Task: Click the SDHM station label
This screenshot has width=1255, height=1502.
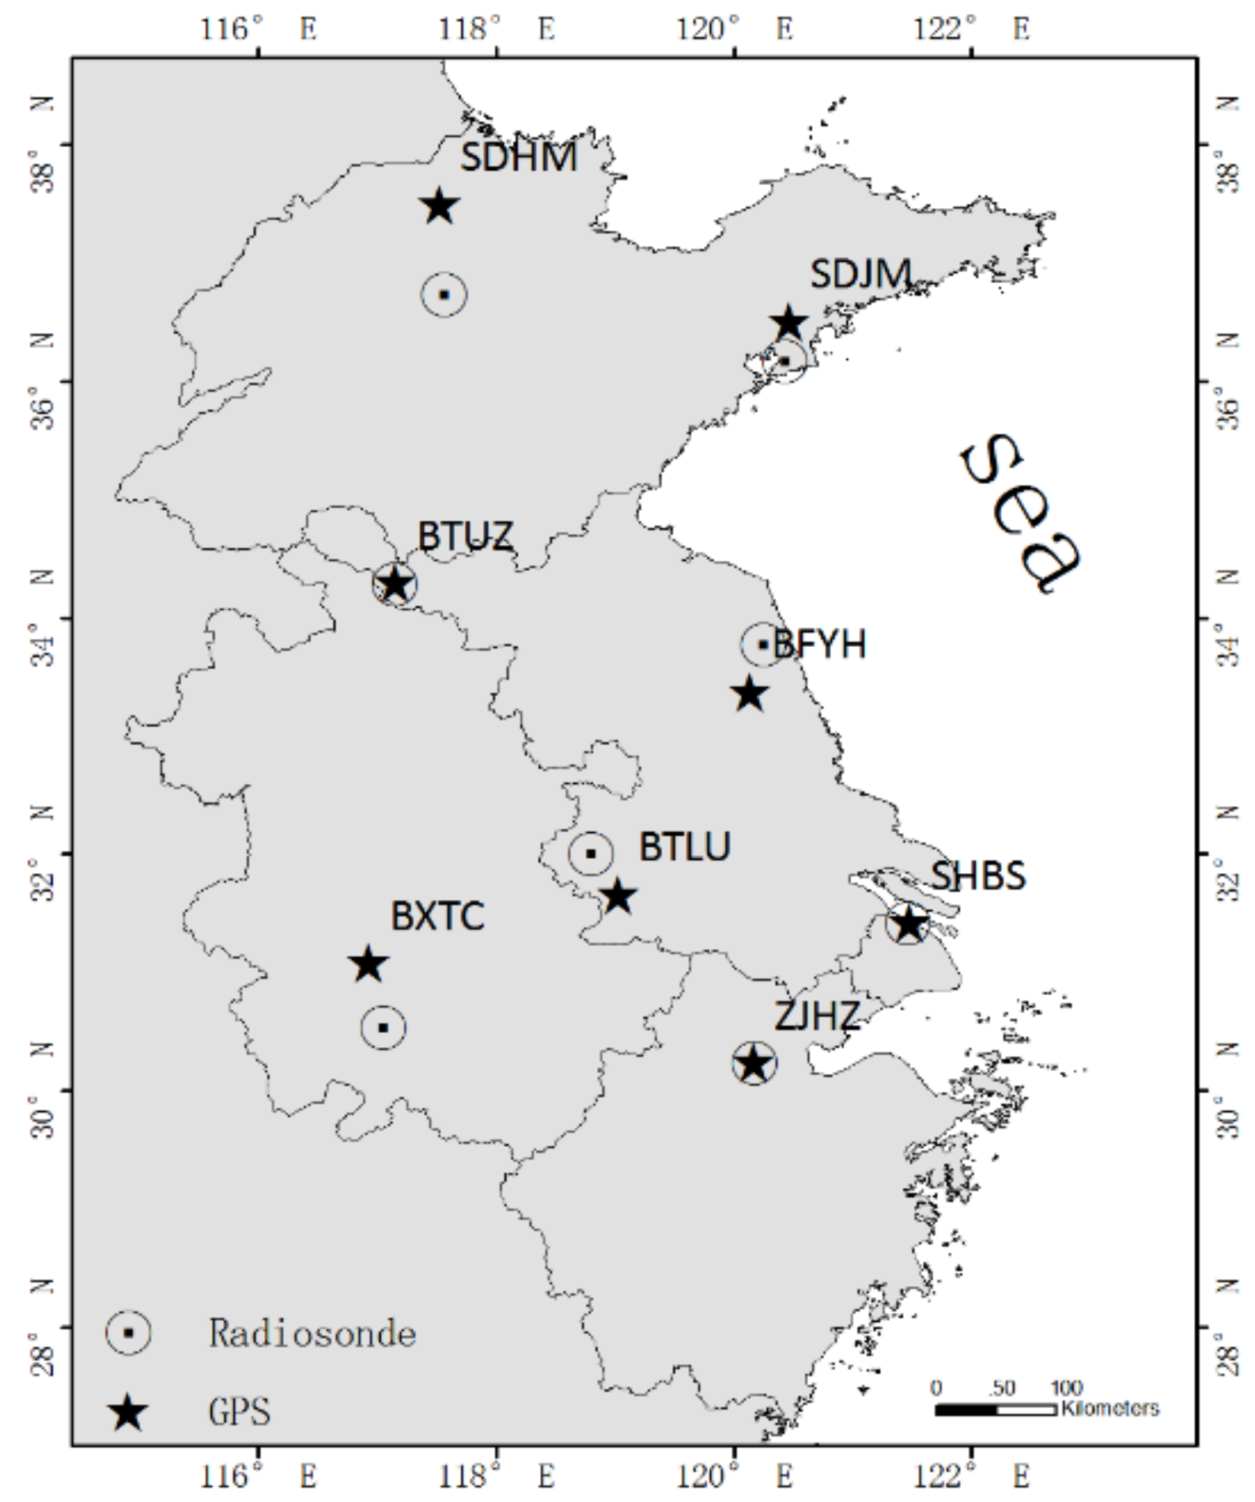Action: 519,157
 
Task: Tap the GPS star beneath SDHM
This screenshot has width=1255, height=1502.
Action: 439,207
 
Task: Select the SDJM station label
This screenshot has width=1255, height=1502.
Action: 860,274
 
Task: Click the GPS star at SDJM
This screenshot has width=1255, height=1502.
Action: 788,323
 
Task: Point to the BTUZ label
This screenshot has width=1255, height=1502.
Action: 465,536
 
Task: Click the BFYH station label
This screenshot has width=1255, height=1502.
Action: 820,645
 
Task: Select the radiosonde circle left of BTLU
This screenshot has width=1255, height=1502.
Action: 590,853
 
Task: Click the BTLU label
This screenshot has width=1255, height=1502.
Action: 685,847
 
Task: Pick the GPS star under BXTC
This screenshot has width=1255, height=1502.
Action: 368,965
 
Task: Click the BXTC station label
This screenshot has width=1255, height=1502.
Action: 437,917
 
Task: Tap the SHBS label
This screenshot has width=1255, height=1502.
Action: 977,876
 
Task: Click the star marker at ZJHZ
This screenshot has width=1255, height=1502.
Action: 754,1064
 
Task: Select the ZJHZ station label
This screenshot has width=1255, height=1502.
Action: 817,1016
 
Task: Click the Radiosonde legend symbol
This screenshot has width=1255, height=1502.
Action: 128,1333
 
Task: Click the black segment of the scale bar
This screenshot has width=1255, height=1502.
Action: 966,1409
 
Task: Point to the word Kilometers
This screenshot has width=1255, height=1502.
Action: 1109,1409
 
